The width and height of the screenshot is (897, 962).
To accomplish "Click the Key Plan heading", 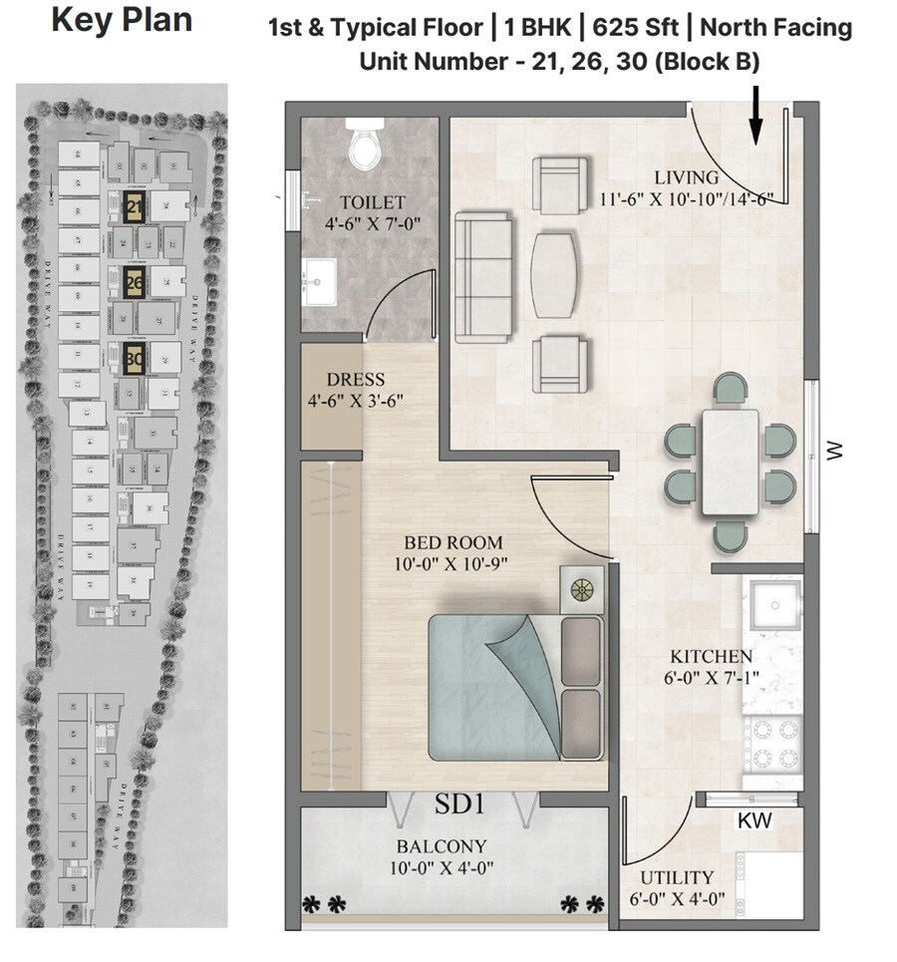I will pyautogui.click(x=122, y=20).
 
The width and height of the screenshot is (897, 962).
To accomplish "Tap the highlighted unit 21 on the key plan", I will pyautogui.click(x=134, y=207).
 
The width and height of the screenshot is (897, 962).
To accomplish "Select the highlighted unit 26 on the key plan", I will pyautogui.click(x=134, y=282).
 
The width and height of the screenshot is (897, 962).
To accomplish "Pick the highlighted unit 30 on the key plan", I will pyautogui.click(x=134, y=356).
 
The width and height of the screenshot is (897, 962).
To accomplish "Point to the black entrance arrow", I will pyautogui.click(x=755, y=115).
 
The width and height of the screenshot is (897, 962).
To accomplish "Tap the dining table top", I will pyautogui.click(x=731, y=462).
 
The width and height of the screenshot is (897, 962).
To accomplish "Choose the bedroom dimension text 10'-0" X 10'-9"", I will pyautogui.click(x=457, y=563).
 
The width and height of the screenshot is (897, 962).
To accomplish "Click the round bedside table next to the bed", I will pyautogui.click(x=581, y=589).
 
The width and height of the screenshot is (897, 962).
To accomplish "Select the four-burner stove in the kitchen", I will pyautogui.click(x=772, y=741).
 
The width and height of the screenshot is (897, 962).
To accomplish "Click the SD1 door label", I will pyautogui.click(x=459, y=803).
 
